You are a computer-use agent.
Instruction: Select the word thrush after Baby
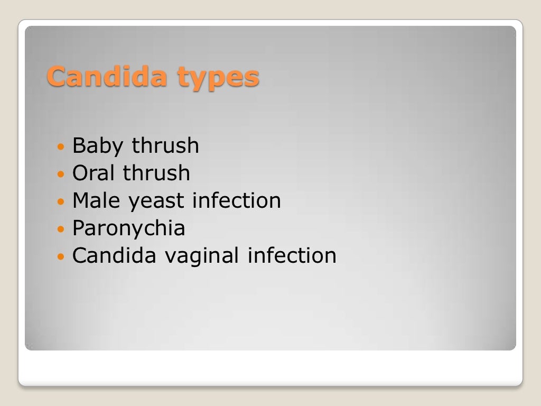[165, 145]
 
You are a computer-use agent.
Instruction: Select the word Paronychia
[128, 229]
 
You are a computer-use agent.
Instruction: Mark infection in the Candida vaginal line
[292, 255]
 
